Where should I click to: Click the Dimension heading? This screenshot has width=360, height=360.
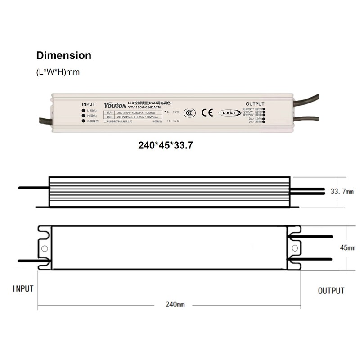tap(63, 56)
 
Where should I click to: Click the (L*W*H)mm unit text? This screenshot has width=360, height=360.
tap(58, 72)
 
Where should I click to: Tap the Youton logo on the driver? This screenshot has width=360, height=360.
tap(116, 105)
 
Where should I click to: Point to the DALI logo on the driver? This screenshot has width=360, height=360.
tap(229, 113)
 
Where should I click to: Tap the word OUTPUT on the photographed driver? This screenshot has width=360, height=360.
tap(255, 104)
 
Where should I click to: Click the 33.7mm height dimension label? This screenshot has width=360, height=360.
tap(342, 192)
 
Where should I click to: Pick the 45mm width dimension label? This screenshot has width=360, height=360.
tap(348, 247)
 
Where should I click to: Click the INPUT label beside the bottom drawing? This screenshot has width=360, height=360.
tap(23, 288)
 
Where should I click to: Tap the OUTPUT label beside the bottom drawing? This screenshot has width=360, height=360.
tap(331, 291)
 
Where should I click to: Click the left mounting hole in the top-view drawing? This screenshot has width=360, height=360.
tap(44, 248)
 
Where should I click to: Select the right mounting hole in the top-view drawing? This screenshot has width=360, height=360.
tap(295, 248)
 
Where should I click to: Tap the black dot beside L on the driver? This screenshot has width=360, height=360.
tap(84, 111)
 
